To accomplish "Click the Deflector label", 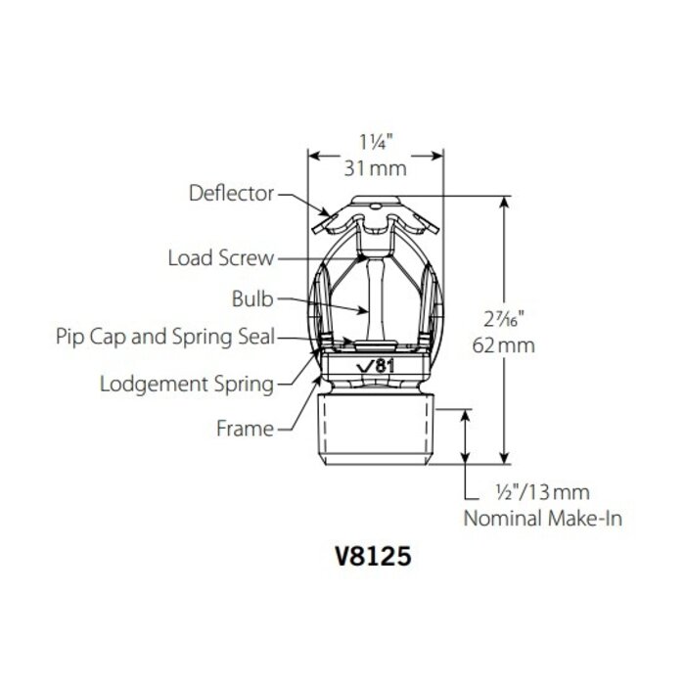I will (x=231, y=194).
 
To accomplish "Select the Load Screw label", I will (x=221, y=258).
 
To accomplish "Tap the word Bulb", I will (x=252, y=297).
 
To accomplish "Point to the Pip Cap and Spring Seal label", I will (x=164, y=337).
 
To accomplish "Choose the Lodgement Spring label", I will (x=187, y=383).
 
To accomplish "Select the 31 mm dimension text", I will (x=377, y=168).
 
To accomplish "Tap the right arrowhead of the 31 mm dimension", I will (x=438, y=153).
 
